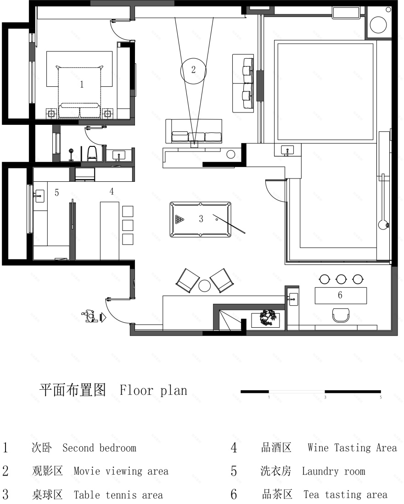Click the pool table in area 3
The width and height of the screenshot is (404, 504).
point(201,219)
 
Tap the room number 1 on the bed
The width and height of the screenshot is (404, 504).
point(82,84)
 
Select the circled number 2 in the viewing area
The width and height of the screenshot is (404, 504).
point(193,70)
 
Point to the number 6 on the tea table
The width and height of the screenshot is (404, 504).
point(340,295)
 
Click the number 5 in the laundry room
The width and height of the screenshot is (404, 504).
point(56,193)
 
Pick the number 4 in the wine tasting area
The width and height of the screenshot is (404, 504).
point(111,191)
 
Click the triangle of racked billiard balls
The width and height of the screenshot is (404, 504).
point(179,219)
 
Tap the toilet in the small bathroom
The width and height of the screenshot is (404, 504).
point(92,153)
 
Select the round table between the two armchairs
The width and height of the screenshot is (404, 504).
point(204,286)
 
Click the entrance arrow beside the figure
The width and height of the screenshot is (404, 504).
point(103,316)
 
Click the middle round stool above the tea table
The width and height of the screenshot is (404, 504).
point(341,279)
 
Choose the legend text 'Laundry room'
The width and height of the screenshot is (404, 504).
point(333,471)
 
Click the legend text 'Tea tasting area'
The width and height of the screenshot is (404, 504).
point(345,495)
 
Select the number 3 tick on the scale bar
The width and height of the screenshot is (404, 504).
point(325,397)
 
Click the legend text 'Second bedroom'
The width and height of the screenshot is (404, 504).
point(99,448)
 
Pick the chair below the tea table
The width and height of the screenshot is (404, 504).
point(341,315)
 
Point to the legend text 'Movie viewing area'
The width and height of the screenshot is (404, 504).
point(121,471)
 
